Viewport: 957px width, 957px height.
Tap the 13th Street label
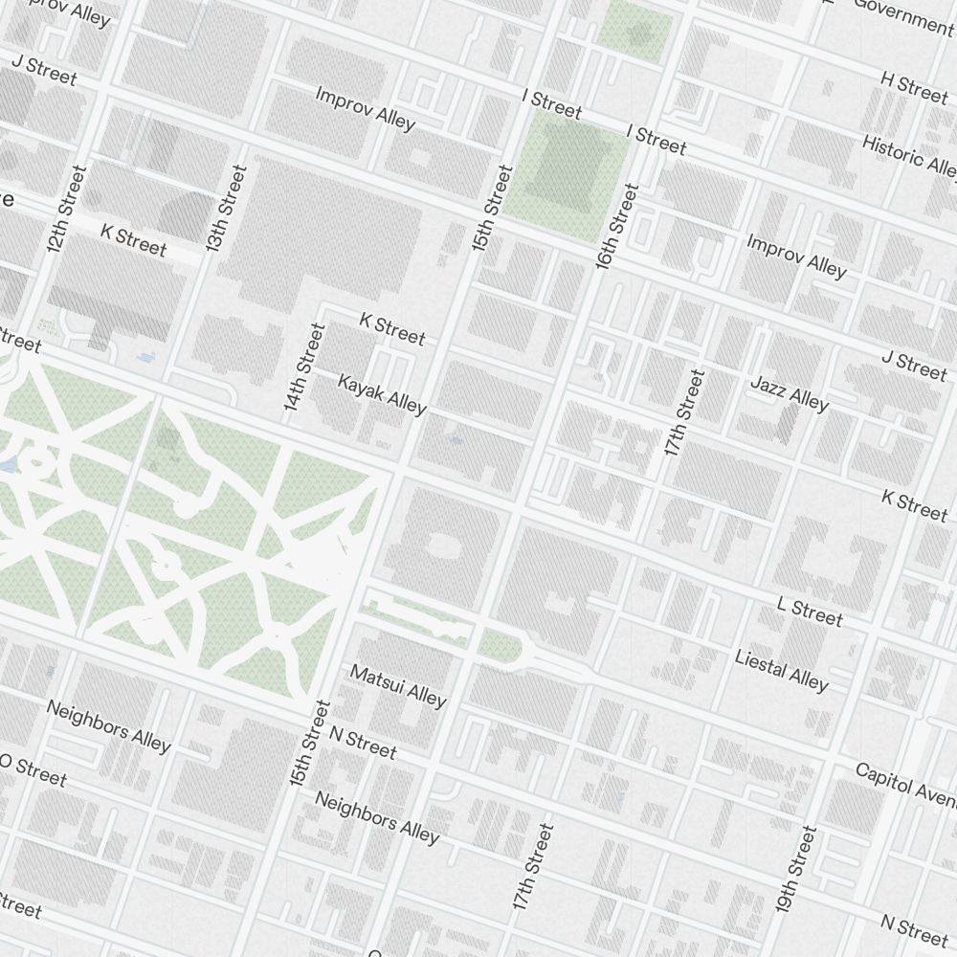226,208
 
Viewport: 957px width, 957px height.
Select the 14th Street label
305,367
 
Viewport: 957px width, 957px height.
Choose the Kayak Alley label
382,394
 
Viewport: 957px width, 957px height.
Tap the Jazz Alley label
790,393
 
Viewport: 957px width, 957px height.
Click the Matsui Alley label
398,686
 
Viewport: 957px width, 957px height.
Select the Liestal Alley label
781,670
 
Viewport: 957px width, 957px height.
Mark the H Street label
914,87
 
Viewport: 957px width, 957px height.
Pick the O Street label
33,769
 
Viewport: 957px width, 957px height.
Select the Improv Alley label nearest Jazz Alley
796,256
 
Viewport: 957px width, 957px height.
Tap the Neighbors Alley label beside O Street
108,725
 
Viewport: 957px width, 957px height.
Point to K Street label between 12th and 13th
133,240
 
